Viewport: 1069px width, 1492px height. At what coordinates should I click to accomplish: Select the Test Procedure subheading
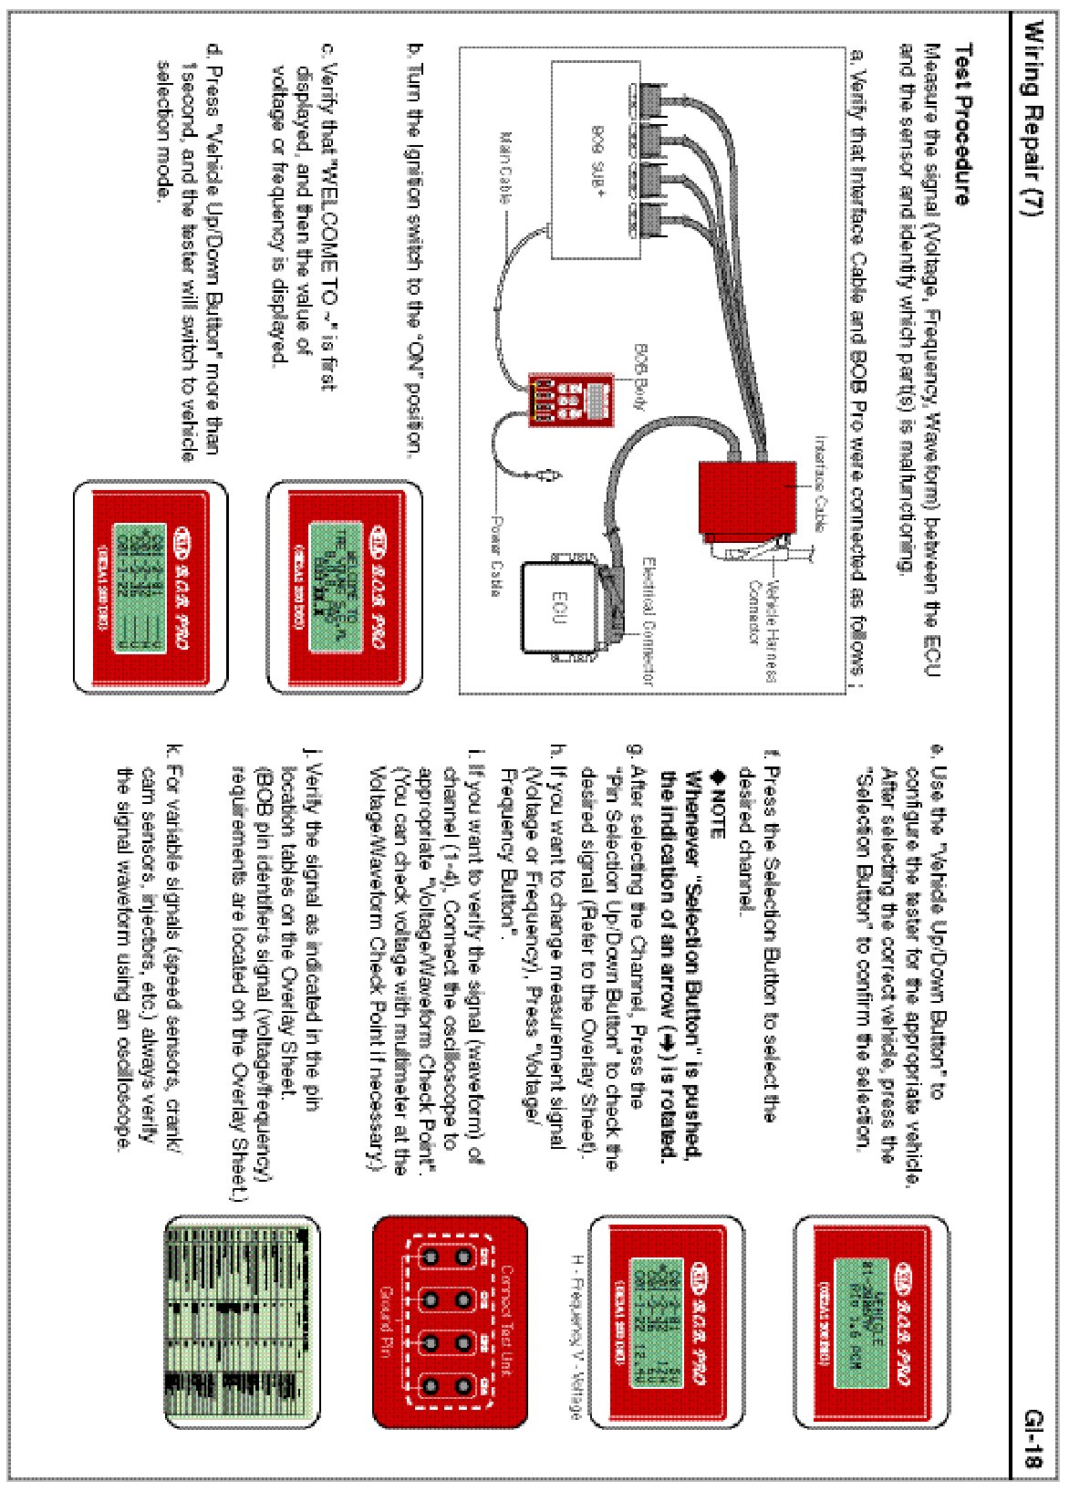click(x=962, y=123)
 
